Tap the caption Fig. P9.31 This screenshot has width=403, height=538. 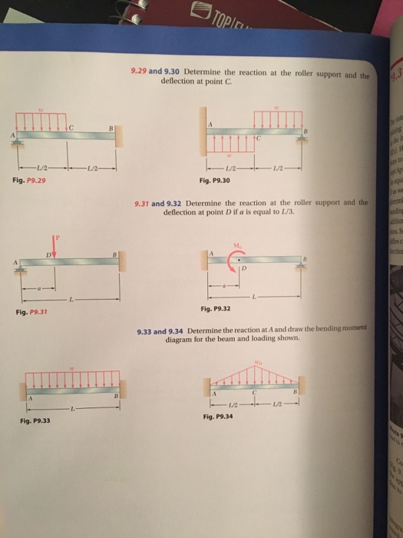pyautogui.click(x=31, y=312)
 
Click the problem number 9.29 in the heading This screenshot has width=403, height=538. pyautogui.click(x=139, y=72)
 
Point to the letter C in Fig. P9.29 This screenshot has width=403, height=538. pyautogui.click(x=71, y=125)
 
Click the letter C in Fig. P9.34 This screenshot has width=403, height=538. pyautogui.click(x=260, y=387)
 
